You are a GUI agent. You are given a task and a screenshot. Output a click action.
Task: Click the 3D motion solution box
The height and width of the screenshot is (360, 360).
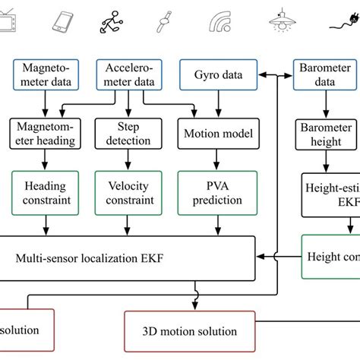[x=190, y=331]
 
